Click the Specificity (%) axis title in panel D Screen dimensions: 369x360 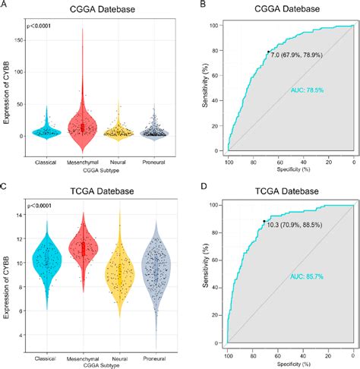290,364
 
